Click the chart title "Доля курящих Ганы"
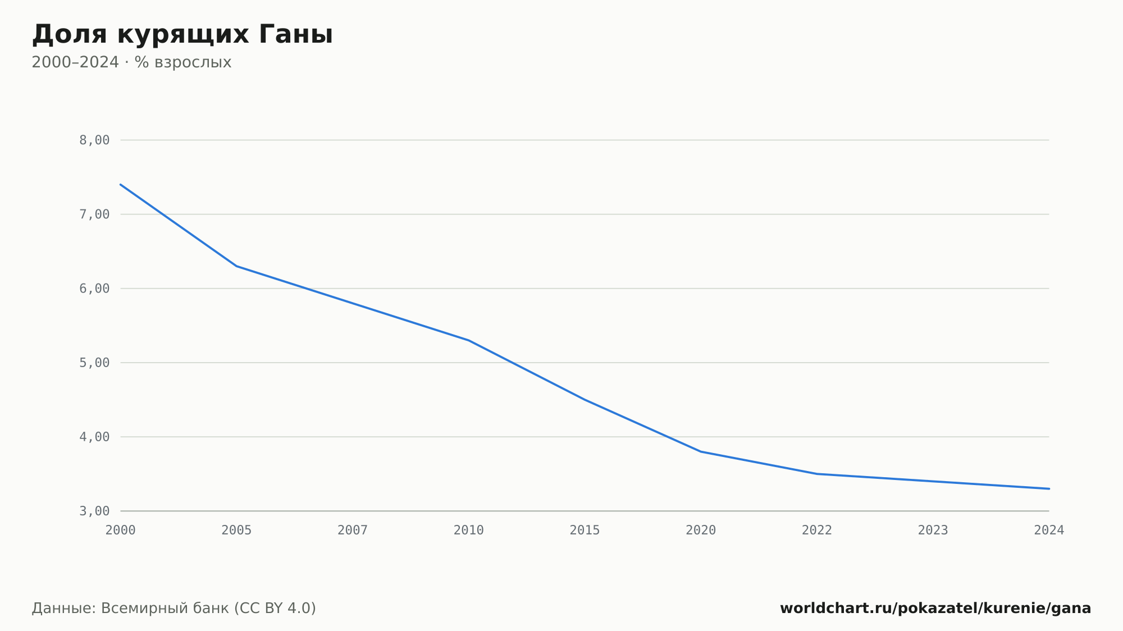coord(182,35)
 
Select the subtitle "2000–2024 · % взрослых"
coord(131,62)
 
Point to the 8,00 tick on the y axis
coord(94,140)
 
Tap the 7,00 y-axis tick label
coord(94,214)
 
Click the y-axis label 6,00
coord(94,289)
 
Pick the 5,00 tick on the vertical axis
coord(94,363)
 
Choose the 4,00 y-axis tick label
coord(94,437)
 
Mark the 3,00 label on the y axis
coord(94,511)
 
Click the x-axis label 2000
coord(121,531)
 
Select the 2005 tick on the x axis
coord(236,531)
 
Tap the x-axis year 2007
coord(353,531)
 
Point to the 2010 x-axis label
coord(469,531)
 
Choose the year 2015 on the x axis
coord(585,531)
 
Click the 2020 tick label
coord(701,531)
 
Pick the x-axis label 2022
coord(817,531)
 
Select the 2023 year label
coord(933,531)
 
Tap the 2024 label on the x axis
coord(1049,531)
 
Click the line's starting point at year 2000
coord(121,184)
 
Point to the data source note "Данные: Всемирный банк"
coord(131,609)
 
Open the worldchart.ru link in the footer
coord(935,609)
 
